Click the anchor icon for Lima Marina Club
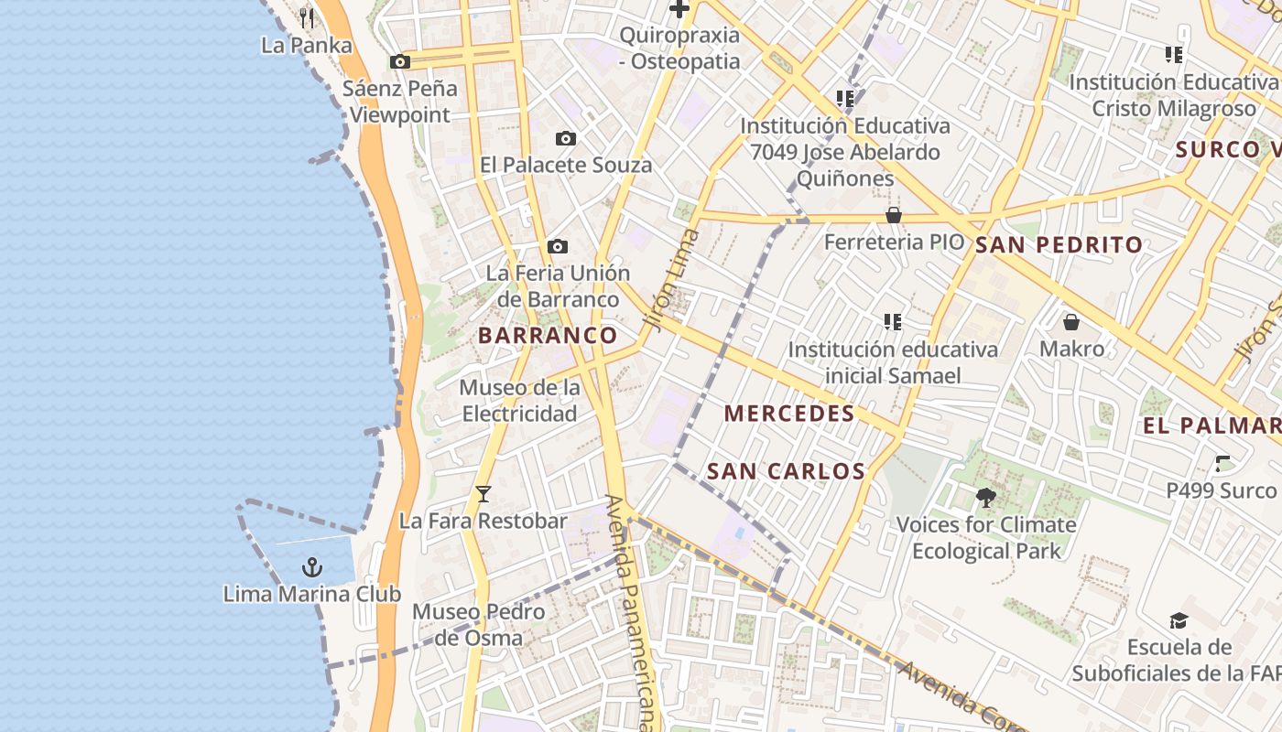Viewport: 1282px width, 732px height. click(x=312, y=567)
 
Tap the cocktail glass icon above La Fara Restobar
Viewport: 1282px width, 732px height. click(x=483, y=494)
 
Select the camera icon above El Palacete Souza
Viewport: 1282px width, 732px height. click(x=566, y=139)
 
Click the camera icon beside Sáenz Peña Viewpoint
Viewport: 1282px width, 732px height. click(x=400, y=62)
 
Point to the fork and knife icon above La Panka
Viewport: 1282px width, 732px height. click(x=307, y=18)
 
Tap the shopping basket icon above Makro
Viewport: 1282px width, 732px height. click(x=1070, y=322)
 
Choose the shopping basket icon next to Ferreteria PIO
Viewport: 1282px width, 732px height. click(x=894, y=215)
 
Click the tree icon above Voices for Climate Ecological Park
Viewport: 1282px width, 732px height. click(x=986, y=498)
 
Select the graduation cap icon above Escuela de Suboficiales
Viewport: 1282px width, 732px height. click(x=1179, y=621)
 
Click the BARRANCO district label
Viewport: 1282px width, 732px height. click(x=548, y=335)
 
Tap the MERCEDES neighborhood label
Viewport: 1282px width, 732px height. click(x=789, y=414)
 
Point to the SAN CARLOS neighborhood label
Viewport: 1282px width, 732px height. click(x=787, y=471)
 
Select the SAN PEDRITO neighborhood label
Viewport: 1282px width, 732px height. click(x=1059, y=245)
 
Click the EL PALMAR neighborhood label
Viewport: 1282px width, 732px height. click(x=1211, y=425)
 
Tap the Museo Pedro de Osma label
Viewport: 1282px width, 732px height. click(x=479, y=625)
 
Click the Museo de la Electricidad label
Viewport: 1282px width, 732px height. click(x=519, y=401)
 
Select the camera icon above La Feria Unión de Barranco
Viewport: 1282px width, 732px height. click(x=557, y=247)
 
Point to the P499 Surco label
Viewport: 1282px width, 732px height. click(x=1221, y=490)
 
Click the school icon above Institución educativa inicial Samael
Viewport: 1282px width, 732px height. click(x=893, y=322)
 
